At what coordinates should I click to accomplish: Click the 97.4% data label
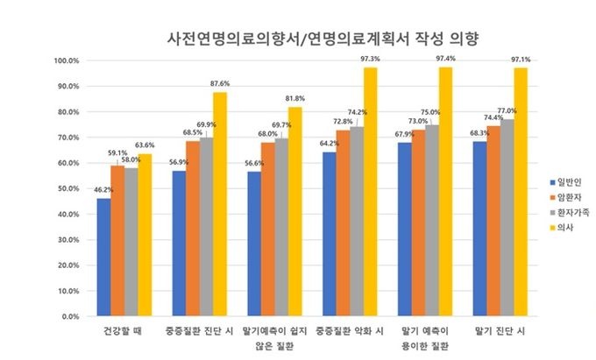tap(446, 59)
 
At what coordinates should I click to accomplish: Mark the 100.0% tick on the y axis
tap(67, 61)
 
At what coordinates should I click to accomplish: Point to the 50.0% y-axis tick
tap(68, 188)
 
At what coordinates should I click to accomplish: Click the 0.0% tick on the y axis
tap(70, 315)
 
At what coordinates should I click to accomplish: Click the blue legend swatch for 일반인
tap(552, 182)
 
